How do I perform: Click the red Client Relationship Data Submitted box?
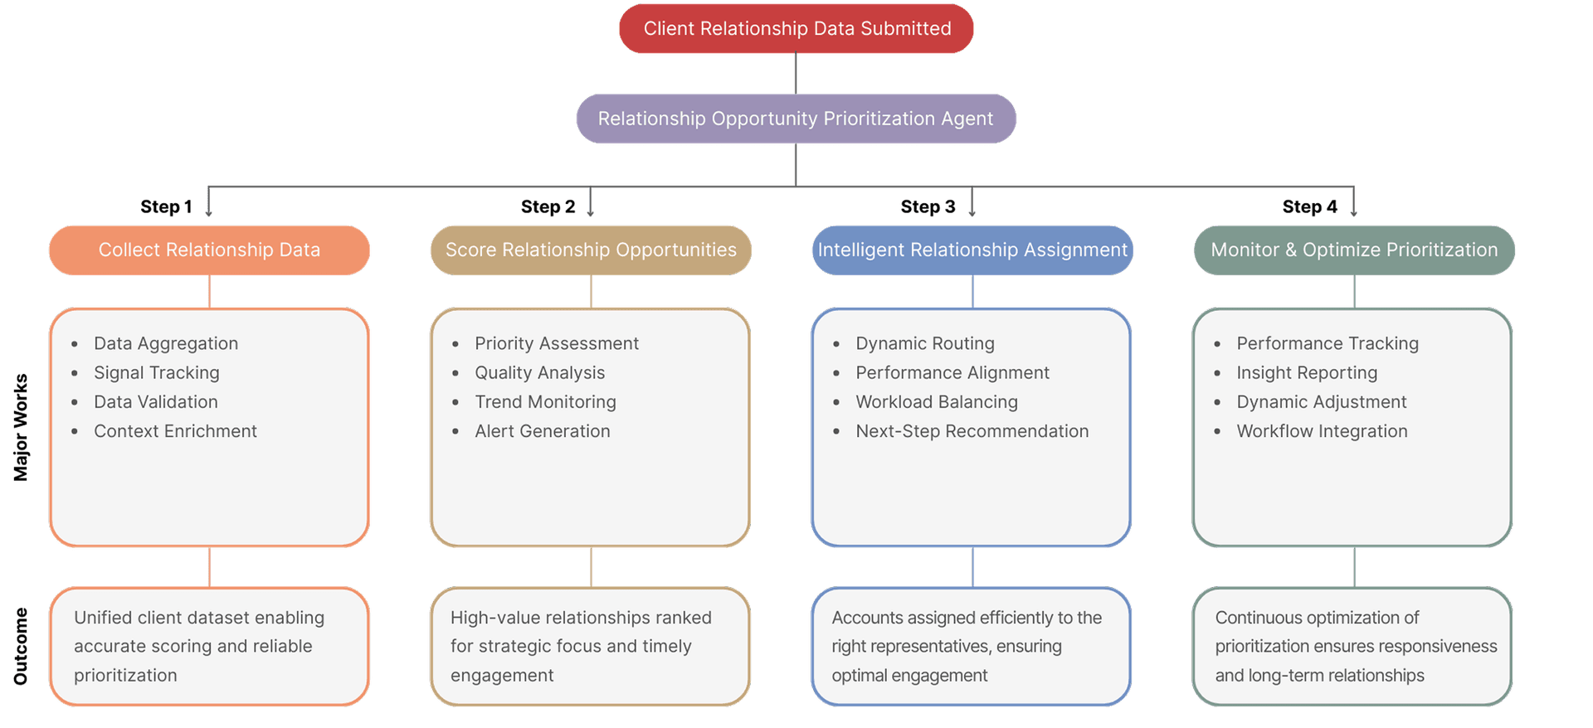point(796,29)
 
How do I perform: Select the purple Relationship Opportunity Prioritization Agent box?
point(796,119)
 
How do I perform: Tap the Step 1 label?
point(166,206)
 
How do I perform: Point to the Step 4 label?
point(1309,206)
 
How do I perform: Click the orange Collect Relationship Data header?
point(209,250)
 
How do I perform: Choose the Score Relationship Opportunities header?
point(591,250)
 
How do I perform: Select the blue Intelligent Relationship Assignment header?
point(972,250)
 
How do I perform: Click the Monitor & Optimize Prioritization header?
point(1354,250)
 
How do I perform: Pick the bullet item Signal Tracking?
point(156,373)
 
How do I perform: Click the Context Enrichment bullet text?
point(175,431)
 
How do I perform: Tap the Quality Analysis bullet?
point(539,373)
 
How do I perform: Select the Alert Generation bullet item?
point(542,431)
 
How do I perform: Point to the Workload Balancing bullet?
point(936,402)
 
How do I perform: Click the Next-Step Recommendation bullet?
point(972,431)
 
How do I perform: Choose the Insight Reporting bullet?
point(1307,373)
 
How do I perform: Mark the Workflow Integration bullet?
point(1322,431)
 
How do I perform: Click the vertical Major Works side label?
point(21,427)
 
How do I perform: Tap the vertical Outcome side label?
point(21,647)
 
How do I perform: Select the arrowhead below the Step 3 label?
point(972,214)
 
